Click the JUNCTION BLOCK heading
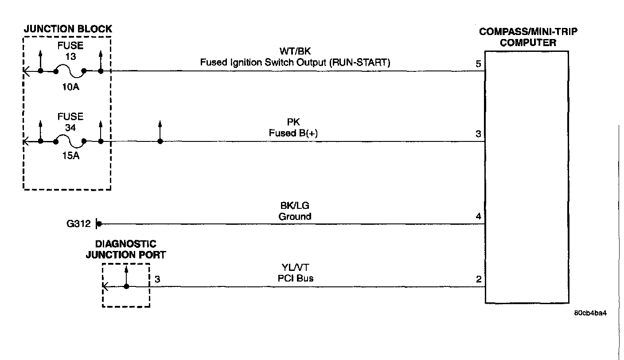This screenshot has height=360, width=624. [67, 29]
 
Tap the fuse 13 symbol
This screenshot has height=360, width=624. [70, 71]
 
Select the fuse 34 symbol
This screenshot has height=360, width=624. [70, 141]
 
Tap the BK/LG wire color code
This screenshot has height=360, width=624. [295, 206]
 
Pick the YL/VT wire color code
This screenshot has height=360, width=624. [295, 268]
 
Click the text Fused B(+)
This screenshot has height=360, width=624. [295, 133]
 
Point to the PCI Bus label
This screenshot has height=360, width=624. [295, 278]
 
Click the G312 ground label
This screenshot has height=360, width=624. [78, 224]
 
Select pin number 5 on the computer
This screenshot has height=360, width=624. [478, 64]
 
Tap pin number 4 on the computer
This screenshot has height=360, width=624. [478, 217]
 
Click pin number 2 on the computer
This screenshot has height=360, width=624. [478, 280]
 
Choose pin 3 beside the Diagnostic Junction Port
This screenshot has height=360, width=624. [157, 279]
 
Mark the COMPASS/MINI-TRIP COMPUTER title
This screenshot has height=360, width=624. [528, 37]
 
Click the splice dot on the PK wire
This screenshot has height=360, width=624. [160, 141]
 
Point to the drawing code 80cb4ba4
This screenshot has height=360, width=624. [590, 313]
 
